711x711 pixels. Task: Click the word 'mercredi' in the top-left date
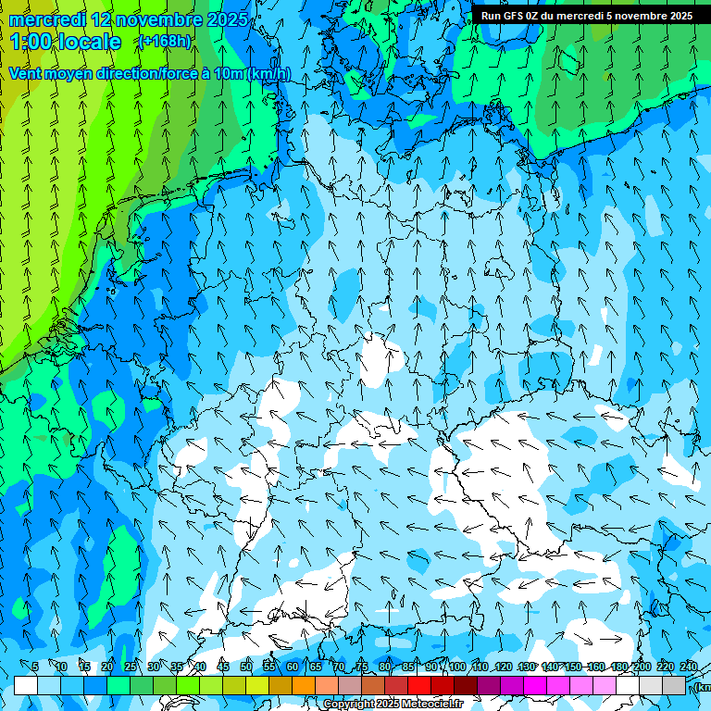coord(47,19)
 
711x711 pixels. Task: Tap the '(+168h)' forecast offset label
coord(164,41)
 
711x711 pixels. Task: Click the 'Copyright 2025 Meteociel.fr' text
coord(393,705)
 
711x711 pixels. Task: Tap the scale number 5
coord(34,667)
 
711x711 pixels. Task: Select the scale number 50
coord(246,667)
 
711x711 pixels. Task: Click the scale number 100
coord(456,667)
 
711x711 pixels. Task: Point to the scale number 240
coord(688,667)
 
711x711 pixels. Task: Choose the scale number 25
coord(131,667)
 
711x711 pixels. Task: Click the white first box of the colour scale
coord(26,685)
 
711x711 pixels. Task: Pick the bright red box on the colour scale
coord(419,685)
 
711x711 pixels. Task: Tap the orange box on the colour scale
coord(304,685)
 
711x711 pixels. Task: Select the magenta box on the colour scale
coord(535,685)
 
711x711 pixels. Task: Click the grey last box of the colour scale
coord(674,685)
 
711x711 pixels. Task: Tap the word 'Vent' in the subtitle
coord(27,73)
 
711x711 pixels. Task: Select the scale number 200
coord(641,667)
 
